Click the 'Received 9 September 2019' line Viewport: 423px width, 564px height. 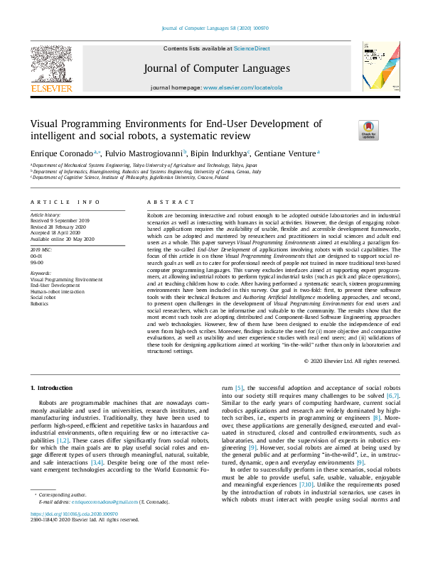click(61, 220)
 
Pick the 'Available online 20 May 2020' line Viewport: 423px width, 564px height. click(63, 237)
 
